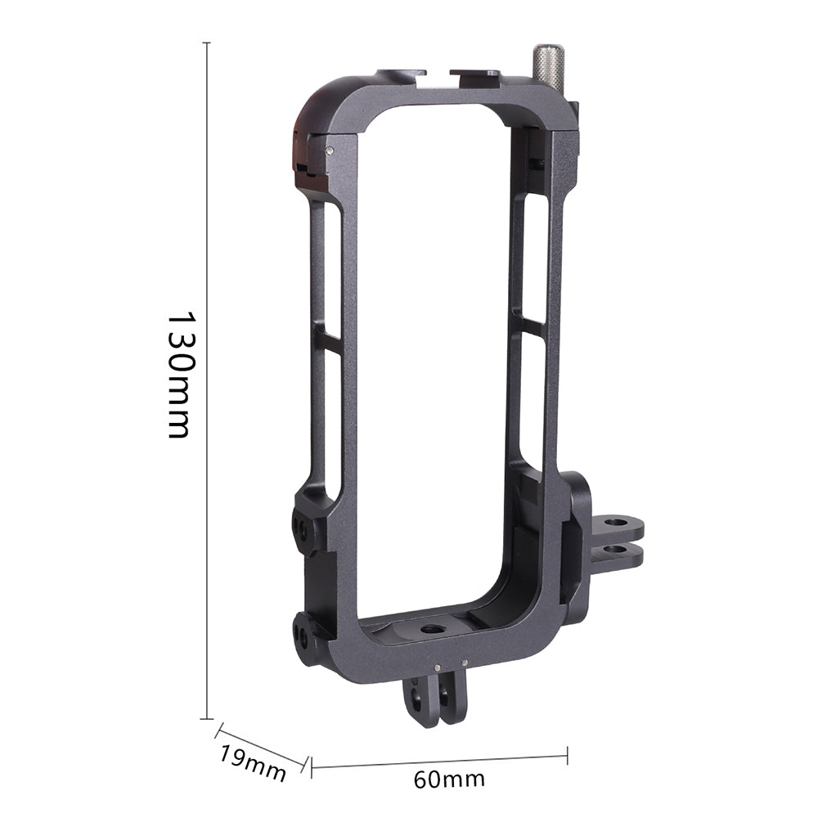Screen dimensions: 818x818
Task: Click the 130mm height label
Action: pyautogui.click(x=178, y=375)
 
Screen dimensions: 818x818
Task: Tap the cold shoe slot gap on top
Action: pyautogui.click(x=438, y=76)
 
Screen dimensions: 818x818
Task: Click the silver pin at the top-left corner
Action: pyautogui.click(x=329, y=150)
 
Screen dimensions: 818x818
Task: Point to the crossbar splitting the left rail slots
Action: pyautogui.click(x=327, y=338)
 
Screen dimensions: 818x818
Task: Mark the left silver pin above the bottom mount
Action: pyautogui.click(x=438, y=667)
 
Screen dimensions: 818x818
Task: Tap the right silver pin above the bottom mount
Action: pyautogui.click(x=465, y=663)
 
